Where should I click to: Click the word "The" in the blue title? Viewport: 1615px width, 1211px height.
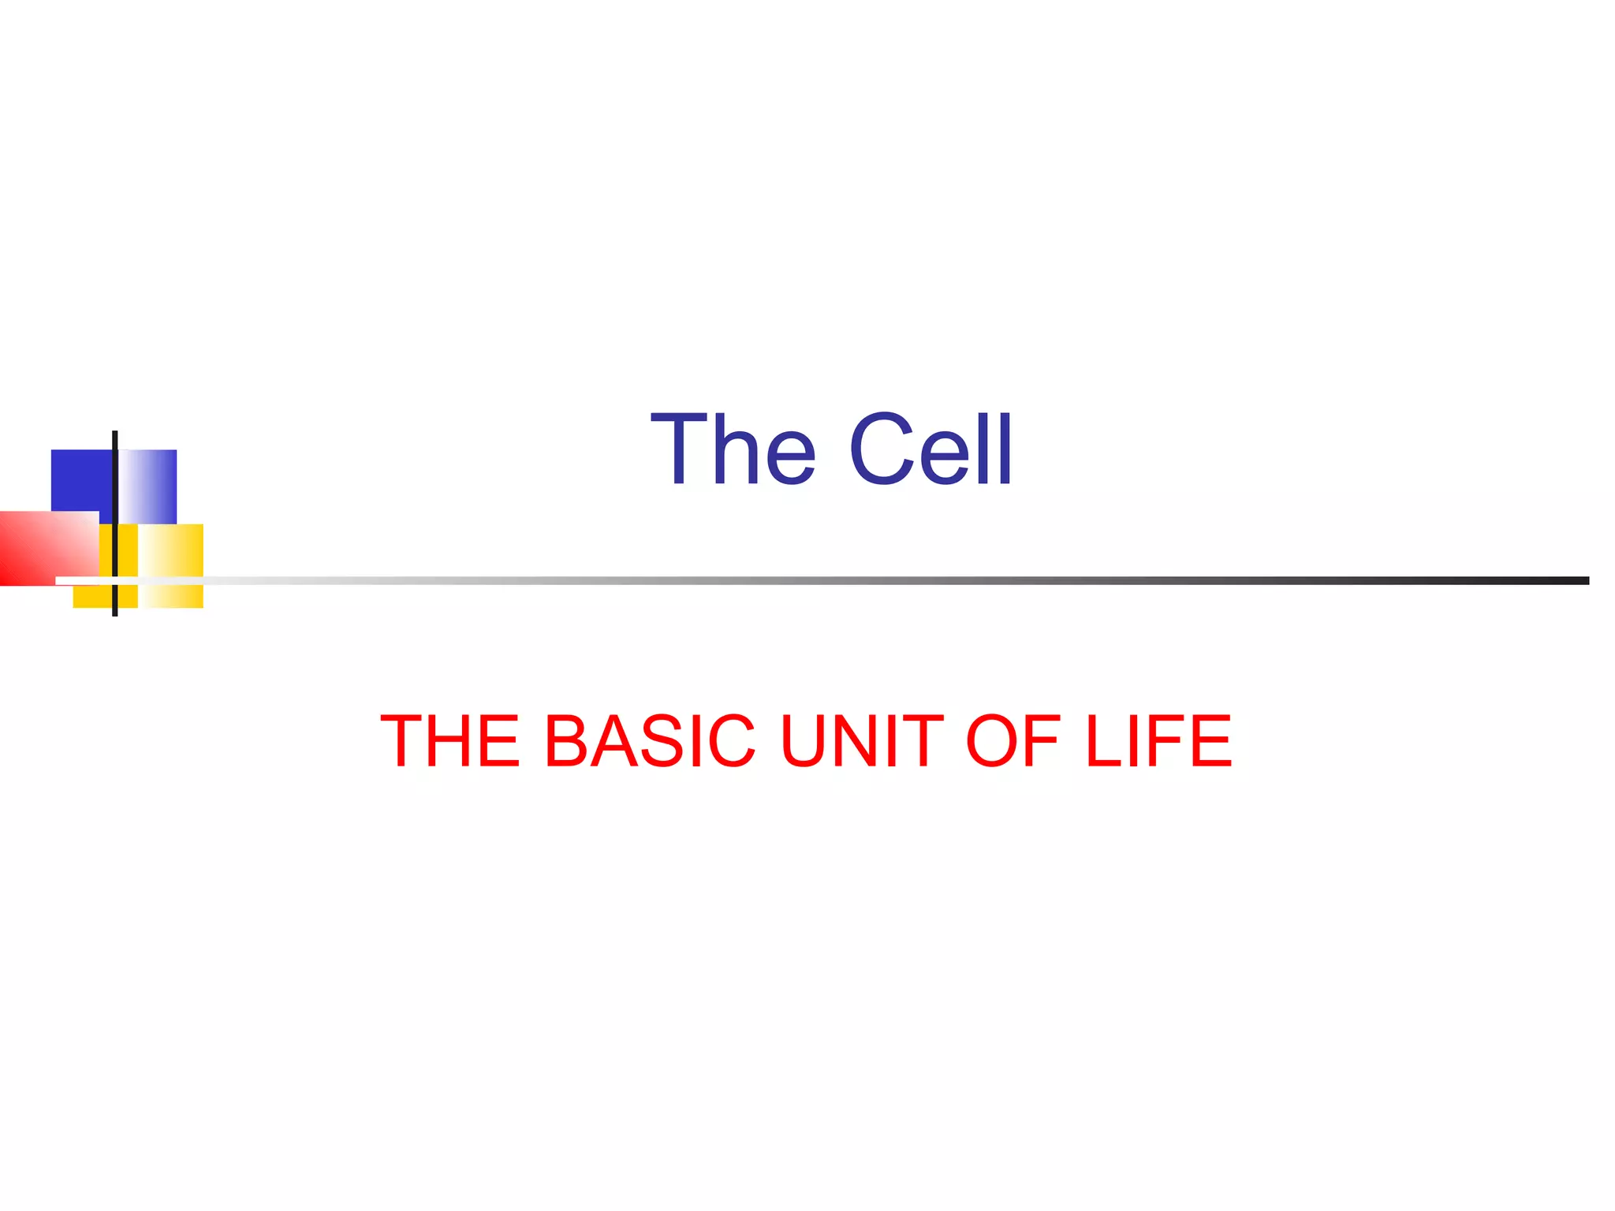733,450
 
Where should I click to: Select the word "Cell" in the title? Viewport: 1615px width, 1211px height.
931,450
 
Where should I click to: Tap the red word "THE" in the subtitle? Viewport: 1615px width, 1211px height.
450,740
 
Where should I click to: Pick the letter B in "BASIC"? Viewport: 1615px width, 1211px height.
565,740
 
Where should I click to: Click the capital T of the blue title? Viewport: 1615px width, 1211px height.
677,450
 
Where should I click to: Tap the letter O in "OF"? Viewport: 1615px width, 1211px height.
991,740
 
